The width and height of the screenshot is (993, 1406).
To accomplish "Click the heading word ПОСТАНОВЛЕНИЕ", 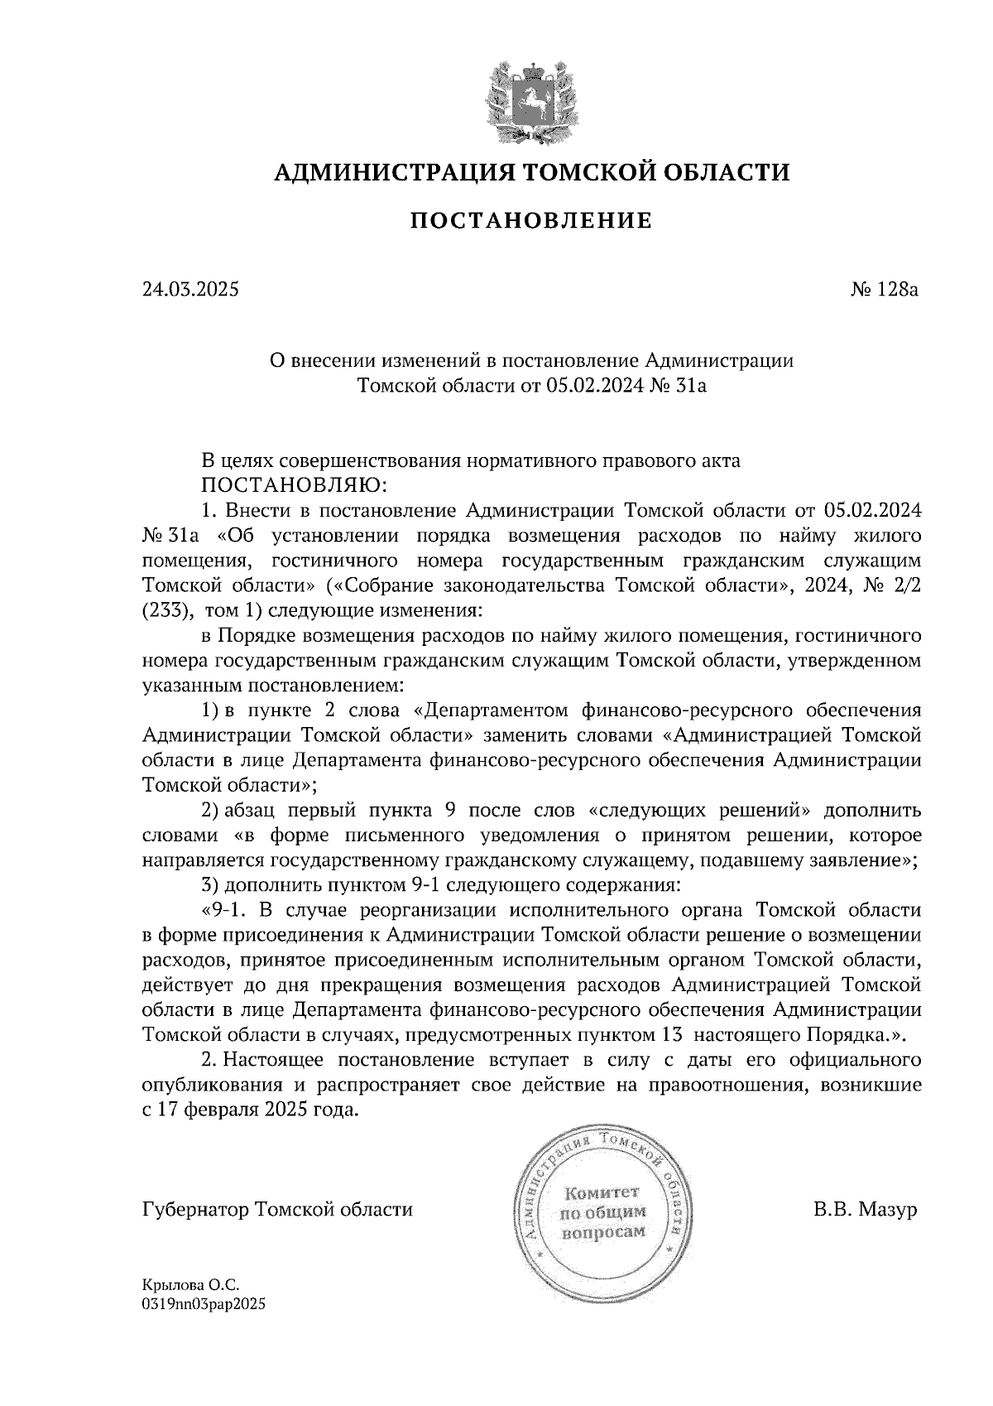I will point(531,220).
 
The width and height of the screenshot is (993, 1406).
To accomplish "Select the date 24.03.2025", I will point(190,290).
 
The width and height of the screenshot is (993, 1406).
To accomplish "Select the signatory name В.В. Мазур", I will point(866,1210).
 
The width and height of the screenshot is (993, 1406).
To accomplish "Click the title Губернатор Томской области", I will point(277,1210).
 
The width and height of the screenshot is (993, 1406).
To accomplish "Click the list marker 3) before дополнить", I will point(210,885).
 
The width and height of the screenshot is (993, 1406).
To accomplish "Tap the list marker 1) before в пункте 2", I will point(210,711).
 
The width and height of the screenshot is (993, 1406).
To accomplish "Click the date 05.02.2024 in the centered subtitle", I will point(592,385).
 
